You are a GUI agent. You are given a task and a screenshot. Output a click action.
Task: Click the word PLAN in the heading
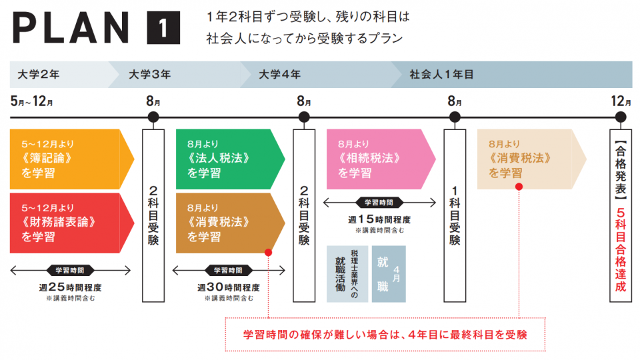[x=70, y=29]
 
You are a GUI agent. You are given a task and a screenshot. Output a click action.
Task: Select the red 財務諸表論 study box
[x=67, y=223]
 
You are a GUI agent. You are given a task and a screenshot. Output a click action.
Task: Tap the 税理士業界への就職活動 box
[x=347, y=273]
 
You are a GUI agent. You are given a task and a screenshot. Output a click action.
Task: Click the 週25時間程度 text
[x=71, y=288]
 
